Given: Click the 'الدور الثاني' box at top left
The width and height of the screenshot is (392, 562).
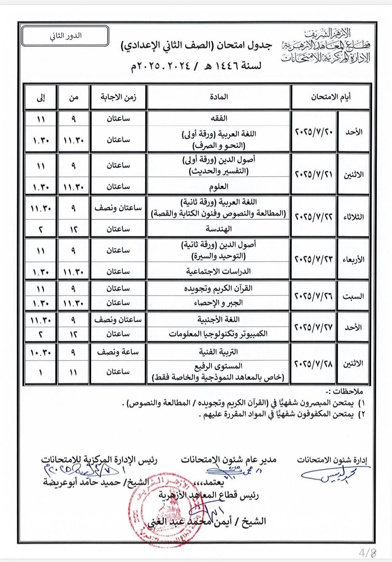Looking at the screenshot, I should (x=65, y=35).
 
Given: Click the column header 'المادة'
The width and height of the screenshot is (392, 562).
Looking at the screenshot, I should (x=218, y=97).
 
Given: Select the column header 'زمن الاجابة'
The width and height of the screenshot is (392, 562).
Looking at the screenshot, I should (x=118, y=97).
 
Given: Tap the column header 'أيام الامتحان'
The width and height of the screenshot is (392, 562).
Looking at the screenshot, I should (x=330, y=97).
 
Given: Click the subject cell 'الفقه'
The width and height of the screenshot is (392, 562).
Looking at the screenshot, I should (x=218, y=118).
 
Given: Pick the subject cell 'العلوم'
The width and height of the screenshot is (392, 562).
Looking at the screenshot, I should (x=218, y=187).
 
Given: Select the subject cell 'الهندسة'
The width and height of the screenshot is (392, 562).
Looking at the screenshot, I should (x=218, y=229).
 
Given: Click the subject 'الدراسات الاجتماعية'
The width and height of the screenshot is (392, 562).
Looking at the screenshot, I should (x=218, y=272).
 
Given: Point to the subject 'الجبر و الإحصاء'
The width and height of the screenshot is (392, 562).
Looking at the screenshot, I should (x=218, y=303).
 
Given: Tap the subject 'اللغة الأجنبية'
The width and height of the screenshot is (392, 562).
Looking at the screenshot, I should (x=218, y=320).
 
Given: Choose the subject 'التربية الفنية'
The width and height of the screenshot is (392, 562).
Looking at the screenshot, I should (x=218, y=352).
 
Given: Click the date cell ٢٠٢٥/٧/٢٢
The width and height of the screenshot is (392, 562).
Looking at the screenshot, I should (x=314, y=217).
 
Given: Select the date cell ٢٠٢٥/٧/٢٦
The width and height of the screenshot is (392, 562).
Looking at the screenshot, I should (x=314, y=296).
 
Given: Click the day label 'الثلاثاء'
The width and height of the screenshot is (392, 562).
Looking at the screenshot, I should (x=353, y=217).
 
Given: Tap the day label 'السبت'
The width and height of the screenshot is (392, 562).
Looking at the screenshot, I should (x=353, y=296).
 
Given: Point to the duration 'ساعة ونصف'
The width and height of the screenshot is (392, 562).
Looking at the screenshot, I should (x=118, y=352).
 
